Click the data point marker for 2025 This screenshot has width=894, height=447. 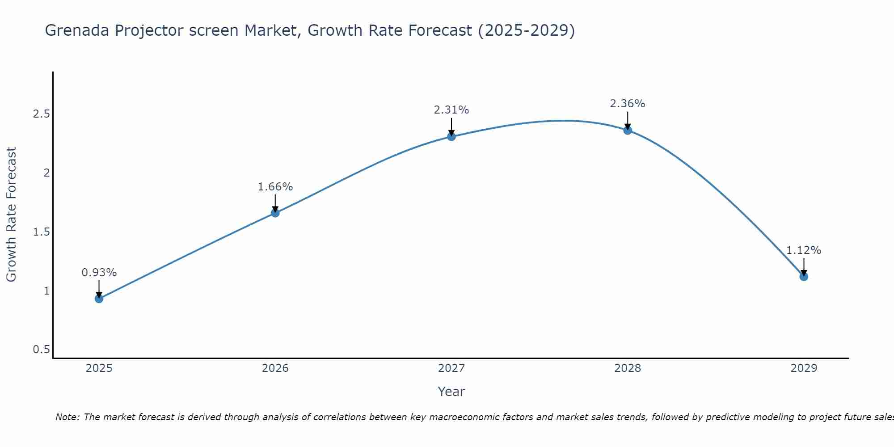99,299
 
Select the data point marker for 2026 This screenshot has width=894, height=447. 275,213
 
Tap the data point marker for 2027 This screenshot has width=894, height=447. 451,136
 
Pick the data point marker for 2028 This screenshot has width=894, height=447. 628,131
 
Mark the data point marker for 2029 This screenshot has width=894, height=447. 804,276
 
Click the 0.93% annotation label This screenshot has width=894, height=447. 99,273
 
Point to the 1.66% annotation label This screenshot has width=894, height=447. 275,187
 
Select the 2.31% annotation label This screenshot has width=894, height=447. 451,110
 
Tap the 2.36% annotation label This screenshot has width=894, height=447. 628,104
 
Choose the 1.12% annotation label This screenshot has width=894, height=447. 804,250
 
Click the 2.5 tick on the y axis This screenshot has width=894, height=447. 41,114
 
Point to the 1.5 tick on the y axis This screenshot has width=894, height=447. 41,232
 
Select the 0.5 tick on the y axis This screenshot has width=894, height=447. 41,350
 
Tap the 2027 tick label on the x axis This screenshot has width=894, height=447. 451,368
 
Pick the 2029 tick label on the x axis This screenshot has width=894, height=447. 804,368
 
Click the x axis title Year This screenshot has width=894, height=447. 451,392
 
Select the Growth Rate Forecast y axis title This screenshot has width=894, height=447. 11,215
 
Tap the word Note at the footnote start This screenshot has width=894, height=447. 67,417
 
